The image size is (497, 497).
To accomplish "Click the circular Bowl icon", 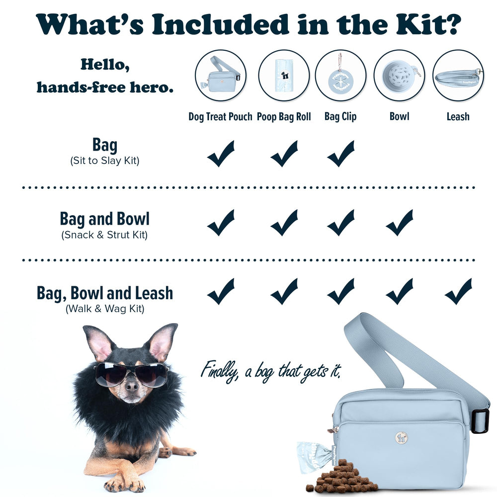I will pyautogui.click(x=399, y=76).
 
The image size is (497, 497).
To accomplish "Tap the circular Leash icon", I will pyautogui.click(x=458, y=76).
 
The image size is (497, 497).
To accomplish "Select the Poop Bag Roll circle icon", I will pyautogui.click(x=284, y=76).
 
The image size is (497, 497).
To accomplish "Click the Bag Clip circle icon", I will pyautogui.click(x=340, y=76).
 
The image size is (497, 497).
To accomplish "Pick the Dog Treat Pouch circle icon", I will pyautogui.click(x=220, y=76).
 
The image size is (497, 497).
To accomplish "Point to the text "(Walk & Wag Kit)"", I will pyautogui.click(x=104, y=309).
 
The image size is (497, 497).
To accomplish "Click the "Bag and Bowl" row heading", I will pyautogui.click(x=104, y=219).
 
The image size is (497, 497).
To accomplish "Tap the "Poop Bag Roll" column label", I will pyautogui.click(x=284, y=117).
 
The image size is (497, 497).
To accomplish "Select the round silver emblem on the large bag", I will pyautogui.click(x=402, y=437).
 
